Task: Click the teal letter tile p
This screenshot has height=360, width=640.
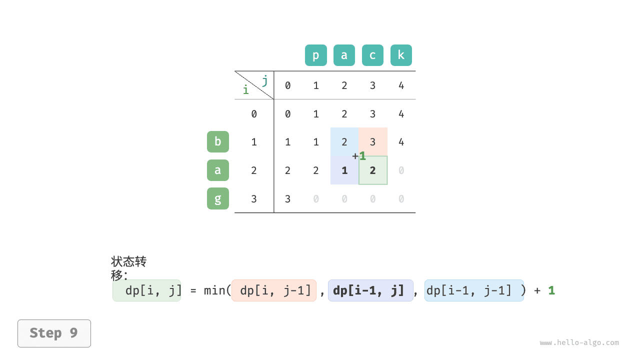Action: pos(315,55)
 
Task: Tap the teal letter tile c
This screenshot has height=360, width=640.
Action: pos(372,55)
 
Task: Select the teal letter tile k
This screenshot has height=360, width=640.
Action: pos(401,55)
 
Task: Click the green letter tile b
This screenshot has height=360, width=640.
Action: pos(217,141)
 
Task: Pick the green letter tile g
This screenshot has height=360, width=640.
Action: pos(217,198)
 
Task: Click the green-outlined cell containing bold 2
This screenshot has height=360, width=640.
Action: pos(373,170)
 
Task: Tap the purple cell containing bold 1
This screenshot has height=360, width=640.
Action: pos(344,170)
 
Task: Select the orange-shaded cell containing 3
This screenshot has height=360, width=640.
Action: pos(373,141)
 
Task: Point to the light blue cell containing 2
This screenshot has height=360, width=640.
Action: pos(344,141)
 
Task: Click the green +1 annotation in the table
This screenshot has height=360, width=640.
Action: pos(359,156)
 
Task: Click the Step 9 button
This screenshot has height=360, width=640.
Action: pos(54,333)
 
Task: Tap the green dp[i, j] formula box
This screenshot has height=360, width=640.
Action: pos(146,290)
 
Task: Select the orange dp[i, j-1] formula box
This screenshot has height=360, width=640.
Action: pos(274,290)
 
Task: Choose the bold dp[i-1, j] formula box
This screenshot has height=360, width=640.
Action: pos(370,290)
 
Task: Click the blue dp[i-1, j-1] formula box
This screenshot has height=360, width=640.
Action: pos(474,290)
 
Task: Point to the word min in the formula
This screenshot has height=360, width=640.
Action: pos(214,290)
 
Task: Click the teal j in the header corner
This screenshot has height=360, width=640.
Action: pos(265,80)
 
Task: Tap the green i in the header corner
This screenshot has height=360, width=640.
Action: pos(245,89)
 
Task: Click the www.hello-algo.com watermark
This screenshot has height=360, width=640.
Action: pos(579,342)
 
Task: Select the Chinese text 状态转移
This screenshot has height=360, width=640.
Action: pos(128,268)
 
